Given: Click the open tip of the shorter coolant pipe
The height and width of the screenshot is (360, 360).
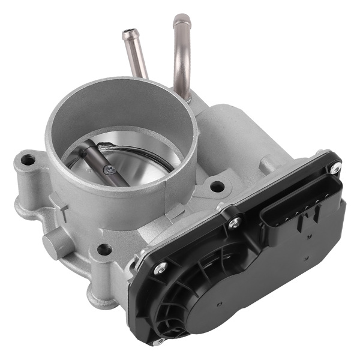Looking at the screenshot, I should tap(129, 34).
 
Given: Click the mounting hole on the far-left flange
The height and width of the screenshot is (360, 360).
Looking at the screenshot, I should tap(26, 160).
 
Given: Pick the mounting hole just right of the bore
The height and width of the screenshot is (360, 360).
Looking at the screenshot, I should tap(217, 187).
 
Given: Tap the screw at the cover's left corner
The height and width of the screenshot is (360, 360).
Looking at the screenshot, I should tap(160, 269).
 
